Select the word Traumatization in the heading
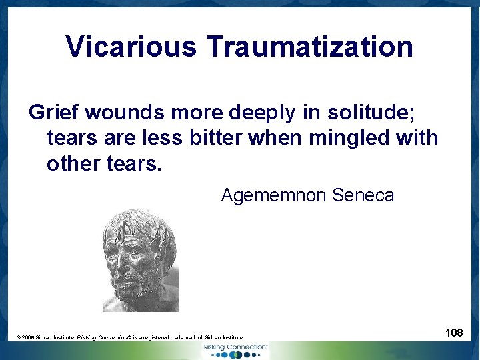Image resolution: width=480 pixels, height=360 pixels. [x=309, y=47]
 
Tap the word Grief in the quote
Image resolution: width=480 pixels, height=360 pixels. [x=51, y=113]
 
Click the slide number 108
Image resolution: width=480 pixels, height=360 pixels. [x=454, y=332]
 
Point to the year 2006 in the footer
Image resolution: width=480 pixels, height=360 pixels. [x=29, y=339]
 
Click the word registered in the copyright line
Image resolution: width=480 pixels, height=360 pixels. [x=160, y=339]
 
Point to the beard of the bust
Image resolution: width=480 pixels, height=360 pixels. [x=141, y=287]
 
